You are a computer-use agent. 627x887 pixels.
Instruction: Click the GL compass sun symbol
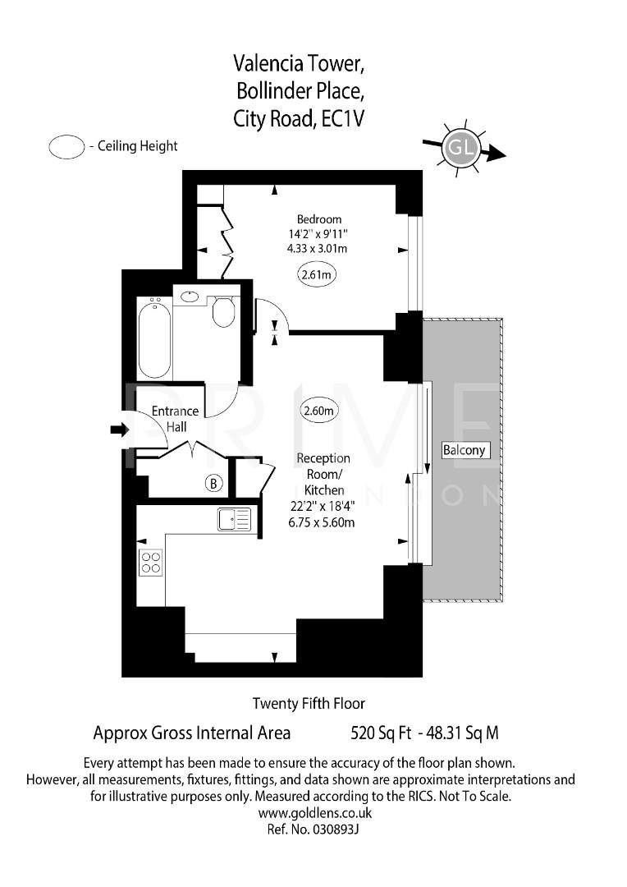tap(460, 149)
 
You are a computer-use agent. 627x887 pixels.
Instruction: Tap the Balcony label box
tap(465, 450)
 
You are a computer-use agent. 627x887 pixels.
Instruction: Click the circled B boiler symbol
tap(213, 484)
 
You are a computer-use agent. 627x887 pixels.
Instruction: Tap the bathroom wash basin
tap(190, 296)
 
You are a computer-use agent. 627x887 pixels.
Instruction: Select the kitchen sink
tap(235, 519)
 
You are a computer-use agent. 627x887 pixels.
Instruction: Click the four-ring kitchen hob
tap(151, 563)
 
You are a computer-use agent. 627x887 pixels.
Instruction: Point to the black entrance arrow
tap(119, 429)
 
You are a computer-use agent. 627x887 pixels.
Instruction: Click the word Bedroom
tap(319, 219)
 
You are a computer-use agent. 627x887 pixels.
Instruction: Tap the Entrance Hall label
tap(176, 419)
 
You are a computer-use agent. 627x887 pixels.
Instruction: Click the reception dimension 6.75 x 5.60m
tap(323, 522)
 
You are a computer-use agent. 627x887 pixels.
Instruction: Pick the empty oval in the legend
tap(67, 147)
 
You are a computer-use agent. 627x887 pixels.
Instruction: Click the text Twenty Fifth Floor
tap(309, 703)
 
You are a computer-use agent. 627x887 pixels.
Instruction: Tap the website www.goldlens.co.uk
tap(315, 813)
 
